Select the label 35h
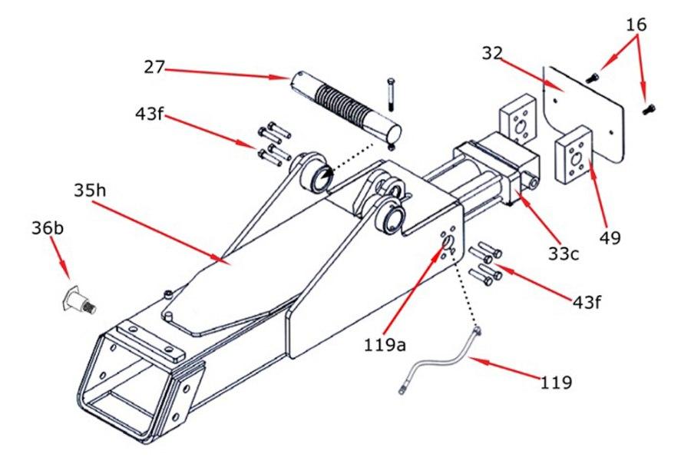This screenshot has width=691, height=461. [91, 189]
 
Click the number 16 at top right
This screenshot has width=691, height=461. [636, 25]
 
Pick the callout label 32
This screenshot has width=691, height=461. [493, 53]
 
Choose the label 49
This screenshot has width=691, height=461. [610, 238]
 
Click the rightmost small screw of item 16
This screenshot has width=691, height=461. [649, 109]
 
